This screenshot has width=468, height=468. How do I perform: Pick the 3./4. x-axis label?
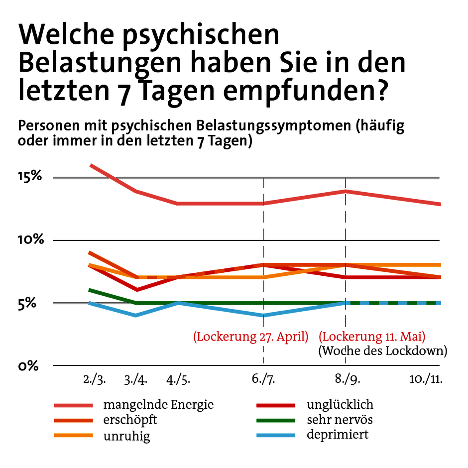pos(135,380)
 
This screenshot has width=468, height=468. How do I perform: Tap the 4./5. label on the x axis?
pos(178,380)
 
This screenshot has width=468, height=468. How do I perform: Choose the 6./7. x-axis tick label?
pos(263,380)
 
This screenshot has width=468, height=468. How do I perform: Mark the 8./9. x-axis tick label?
pos(347,380)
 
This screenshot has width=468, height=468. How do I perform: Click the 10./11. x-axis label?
pos(426,380)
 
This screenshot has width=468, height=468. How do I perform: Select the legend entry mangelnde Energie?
pos(158,404)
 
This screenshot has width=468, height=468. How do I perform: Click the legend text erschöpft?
pos(130,420)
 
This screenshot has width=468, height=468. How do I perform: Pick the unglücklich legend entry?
pos(340,404)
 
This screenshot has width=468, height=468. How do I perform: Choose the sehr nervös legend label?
pos(340,420)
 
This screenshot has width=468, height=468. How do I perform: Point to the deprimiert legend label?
pos(338,435)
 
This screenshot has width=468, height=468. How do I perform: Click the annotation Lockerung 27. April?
pos(251,336)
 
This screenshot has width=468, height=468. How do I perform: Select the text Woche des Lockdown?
pos(382,351)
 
